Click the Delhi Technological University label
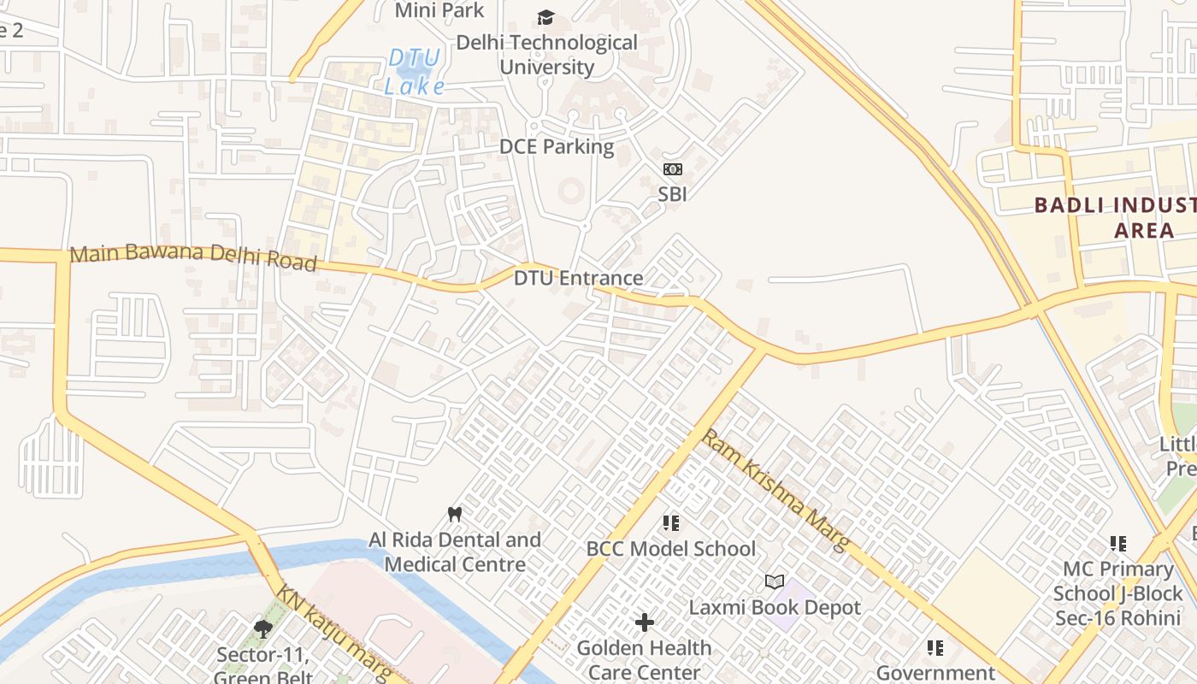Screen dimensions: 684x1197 [546, 55]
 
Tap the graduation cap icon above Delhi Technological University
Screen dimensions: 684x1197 [545, 17]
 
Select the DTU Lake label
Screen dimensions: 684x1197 [415, 72]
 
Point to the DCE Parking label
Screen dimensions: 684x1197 [557, 146]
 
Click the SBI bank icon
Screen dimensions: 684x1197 [673, 169]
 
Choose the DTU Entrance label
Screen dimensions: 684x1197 [578, 278]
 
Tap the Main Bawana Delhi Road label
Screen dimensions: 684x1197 [193, 256]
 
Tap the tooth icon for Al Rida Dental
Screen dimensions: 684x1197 [455, 514]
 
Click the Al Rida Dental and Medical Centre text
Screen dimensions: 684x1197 [455, 552]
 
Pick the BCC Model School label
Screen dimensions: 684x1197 [671, 548]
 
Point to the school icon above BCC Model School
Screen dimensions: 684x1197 [671, 522]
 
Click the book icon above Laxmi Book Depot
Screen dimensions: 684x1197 [775, 582]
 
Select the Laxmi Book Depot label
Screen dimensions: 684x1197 [775, 607]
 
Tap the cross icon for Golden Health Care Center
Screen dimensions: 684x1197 [645, 622]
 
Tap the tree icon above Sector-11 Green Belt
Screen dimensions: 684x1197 [262, 630]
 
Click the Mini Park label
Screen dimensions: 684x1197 [439, 10]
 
